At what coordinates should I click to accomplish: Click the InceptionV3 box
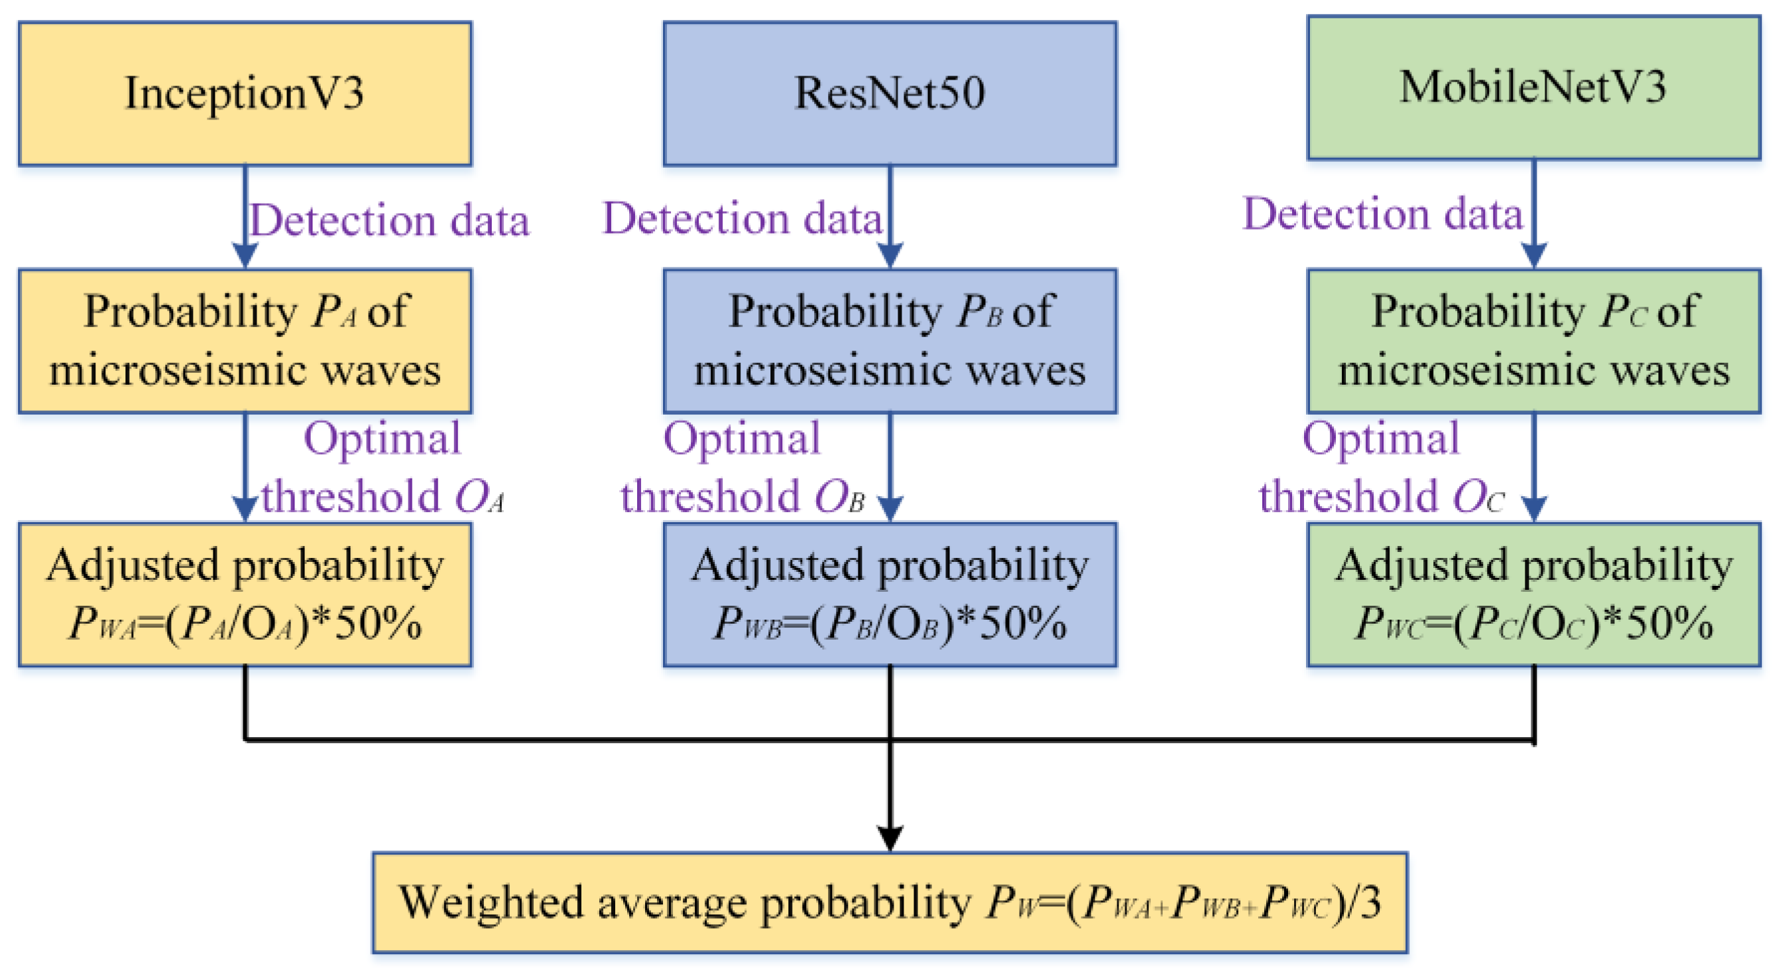tap(245, 94)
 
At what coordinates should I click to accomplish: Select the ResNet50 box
tap(890, 94)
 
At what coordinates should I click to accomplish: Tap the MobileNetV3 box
tap(1533, 88)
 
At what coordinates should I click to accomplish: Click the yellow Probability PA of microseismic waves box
tap(245, 341)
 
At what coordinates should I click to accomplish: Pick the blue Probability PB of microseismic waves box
tap(890, 341)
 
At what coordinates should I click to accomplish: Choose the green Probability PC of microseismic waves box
tap(1533, 341)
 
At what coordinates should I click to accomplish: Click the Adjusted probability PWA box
tap(245, 594)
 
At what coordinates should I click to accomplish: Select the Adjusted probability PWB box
tap(890, 594)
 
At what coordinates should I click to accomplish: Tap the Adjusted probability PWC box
tap(1533, 594)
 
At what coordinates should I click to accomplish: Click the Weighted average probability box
tap(890, 903)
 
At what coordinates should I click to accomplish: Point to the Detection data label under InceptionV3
tap(389, 220)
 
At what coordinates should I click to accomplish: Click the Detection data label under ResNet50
tap(743, 218)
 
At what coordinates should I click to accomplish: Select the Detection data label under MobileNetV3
tap(1382, 214)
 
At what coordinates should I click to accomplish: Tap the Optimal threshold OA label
tap(383, 468)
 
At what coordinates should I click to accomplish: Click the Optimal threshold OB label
tap(743, 468)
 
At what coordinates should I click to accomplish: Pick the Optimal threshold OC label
tap(1381, 468)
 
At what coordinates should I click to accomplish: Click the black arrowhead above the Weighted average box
tap(890, 837)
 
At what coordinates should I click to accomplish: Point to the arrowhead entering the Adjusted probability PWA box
tap(245, 509)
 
